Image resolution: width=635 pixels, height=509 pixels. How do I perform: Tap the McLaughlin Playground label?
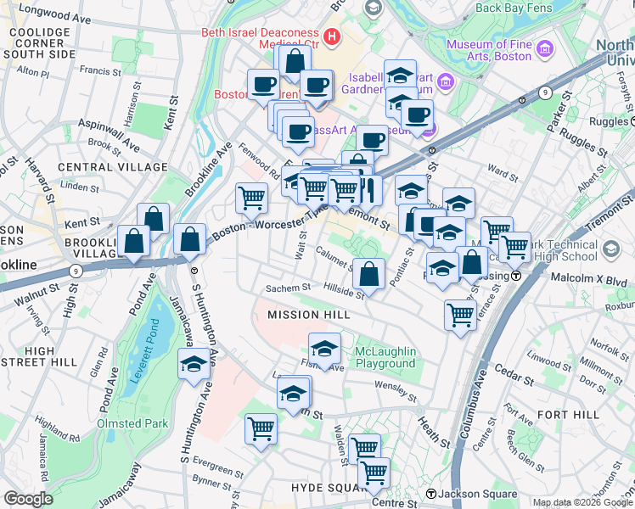click(x=385, y=357)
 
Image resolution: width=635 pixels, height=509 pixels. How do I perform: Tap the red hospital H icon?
click(x=331, y=37)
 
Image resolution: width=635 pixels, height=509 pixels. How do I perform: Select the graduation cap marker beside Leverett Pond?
click(x=194, y=366)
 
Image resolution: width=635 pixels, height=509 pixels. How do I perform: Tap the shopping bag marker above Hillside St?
click(x=368, y=274)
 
